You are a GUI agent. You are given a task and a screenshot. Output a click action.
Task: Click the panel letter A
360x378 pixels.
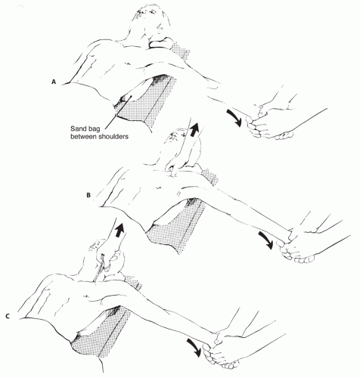click(x=53, y=82)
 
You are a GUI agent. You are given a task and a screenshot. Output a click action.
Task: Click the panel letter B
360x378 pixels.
click(x=88, y=195)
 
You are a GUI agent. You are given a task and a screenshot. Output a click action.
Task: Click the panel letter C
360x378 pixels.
click(x=8, y=316)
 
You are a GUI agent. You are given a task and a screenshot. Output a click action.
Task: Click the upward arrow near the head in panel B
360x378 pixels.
click(x=194, y=129)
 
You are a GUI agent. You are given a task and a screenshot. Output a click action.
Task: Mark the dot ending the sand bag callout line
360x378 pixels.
click(x=130, y=96)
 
